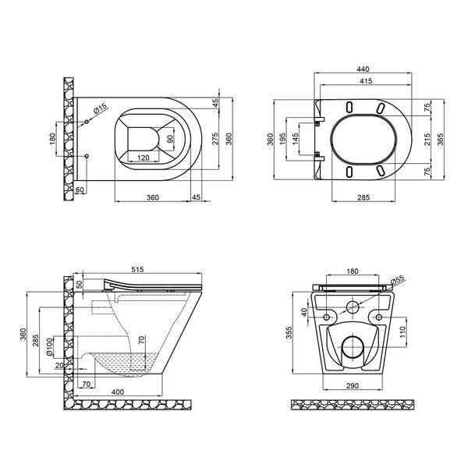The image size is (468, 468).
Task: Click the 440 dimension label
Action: (363, 69)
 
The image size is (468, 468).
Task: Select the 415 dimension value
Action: (367, 81)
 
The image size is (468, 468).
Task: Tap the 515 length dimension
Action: (137, 270)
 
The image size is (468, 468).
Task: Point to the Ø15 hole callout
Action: (100, 109)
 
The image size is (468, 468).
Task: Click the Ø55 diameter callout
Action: (397, 281)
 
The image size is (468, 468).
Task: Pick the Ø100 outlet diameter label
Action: (50, 347)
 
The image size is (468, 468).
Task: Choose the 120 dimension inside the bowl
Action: (144, 158)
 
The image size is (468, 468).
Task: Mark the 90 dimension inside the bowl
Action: (170, 139)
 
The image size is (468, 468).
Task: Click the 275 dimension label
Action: (215, 139)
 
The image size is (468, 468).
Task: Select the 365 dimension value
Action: (440, 139)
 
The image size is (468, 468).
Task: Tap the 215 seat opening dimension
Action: (427, 139)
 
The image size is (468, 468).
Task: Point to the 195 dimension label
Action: (282, 139)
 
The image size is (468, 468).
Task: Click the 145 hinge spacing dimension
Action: (295, 139)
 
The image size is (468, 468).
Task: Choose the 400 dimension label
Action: (118, 392)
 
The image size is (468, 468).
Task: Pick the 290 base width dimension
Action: (353, 386)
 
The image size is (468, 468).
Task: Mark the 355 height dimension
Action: (289, 333)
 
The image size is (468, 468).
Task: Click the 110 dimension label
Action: (402, 332)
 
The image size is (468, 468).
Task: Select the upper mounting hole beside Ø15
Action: (87, 122)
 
